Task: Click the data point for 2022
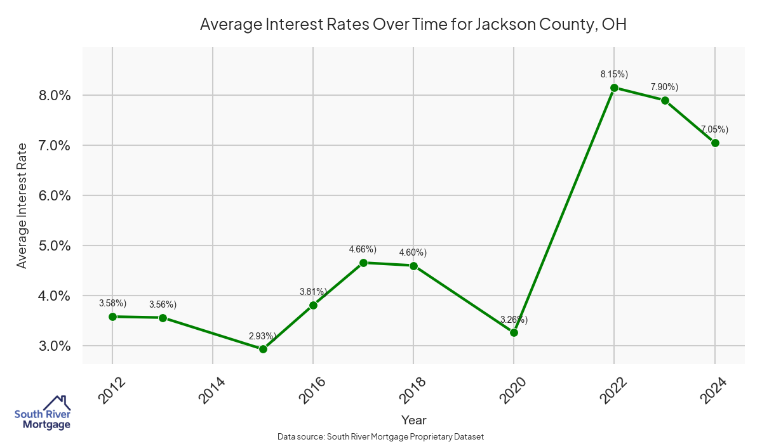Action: [x=614, y=88]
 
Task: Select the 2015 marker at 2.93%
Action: [x=263, y=349]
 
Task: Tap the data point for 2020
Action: [x=514, y=332]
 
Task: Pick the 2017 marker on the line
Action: [x=363, y=263]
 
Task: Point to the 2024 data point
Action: [x=715, y=143]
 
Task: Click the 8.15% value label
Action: [x=614, y=74]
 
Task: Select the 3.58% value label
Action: [x=112, y=303]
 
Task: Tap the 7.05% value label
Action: [x=714, y=129]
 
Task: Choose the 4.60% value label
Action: [x=413, y=252]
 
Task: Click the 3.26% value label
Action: [x=514, y=319]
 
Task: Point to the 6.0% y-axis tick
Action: [x=53, y=195]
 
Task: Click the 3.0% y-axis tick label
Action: [x=53, y=346]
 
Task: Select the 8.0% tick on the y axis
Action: [x=53, y=95]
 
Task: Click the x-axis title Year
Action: [x=413, y=420]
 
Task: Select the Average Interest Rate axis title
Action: [x=22, y=206]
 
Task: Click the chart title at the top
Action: [x=413, y=25]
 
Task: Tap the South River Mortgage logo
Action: [x=43, y=413]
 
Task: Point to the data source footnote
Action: [x=381, y=437]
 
